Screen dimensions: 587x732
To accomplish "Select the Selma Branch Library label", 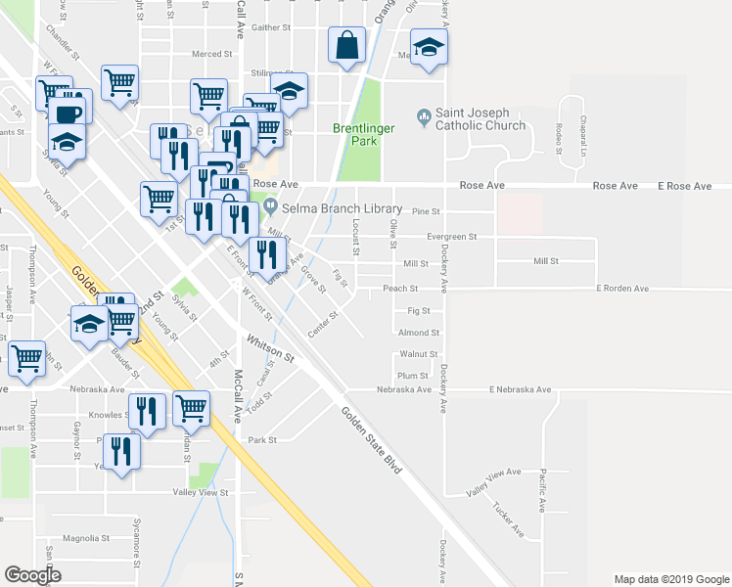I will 342,208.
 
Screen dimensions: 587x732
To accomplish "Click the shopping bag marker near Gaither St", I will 348,46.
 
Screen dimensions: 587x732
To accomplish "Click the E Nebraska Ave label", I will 520,389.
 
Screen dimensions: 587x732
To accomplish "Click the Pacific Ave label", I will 543,486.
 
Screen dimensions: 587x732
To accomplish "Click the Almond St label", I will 419,333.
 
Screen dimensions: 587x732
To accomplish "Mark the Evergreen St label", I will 452,237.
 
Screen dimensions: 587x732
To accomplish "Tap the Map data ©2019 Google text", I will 670,579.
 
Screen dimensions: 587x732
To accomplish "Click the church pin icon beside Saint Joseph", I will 423,118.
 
